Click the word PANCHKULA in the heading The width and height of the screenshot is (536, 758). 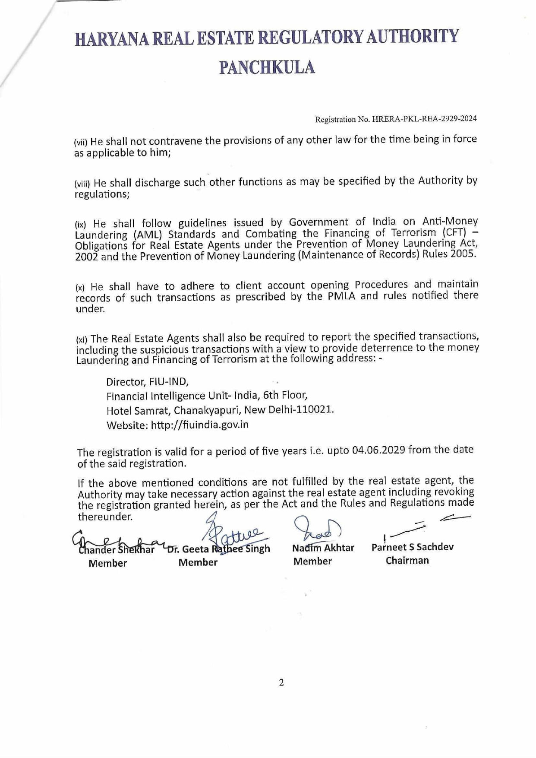pyautogui.click(x=267, y=68)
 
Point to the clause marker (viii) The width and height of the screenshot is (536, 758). pyautogui.click(x=82, y=183)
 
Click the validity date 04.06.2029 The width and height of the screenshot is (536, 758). pyautogui.click(x=378, y=450)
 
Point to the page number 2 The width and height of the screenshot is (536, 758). pyautogui.click(x=281, y=683)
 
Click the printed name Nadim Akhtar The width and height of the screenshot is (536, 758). pyautogui.click(x=323, y=548)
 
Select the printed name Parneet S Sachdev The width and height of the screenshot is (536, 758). pyautogui.click(x=412, y=547)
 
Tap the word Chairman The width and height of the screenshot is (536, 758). pyautogui.click(x=407, y=561)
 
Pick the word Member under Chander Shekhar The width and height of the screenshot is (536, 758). pyautogui.click(x=107, y=563)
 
